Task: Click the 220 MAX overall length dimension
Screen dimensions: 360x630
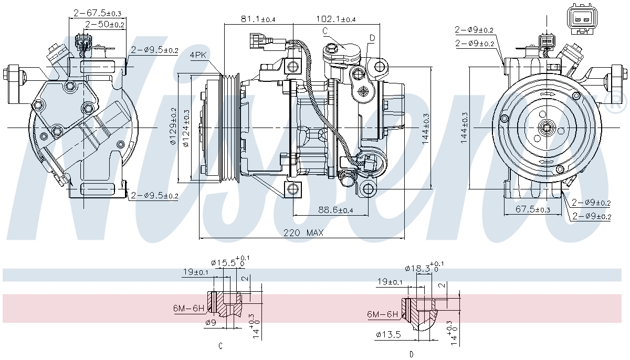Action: click(303, 232)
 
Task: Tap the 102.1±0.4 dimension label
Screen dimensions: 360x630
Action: click(335, 19)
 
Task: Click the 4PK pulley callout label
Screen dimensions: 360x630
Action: click(198, 55)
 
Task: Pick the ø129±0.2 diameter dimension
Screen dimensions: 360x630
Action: click(173, 126)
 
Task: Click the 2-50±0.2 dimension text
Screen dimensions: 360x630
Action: click(104, 24)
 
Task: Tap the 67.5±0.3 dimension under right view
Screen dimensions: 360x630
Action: click(532, 209)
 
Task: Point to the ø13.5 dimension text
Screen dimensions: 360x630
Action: click(388, 334)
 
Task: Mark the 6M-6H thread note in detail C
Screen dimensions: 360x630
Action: click(188, 308)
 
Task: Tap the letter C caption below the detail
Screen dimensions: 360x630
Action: click(220, 346)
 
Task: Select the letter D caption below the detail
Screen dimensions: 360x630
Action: click(411, 354)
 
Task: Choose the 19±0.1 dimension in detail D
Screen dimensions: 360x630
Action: click(390, 282)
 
